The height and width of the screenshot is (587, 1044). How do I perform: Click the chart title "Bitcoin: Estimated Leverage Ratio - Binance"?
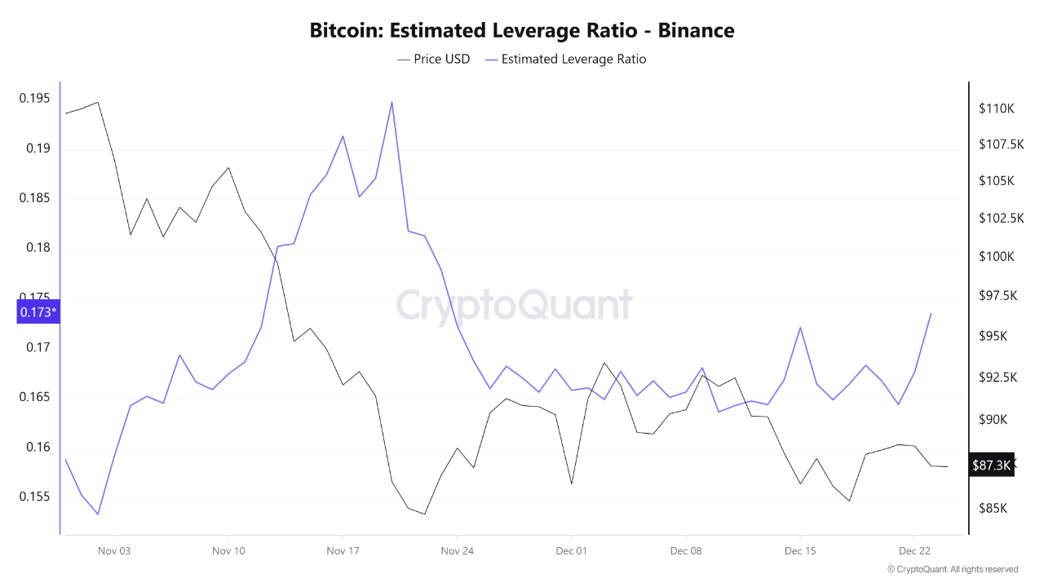click(x=522, y=31)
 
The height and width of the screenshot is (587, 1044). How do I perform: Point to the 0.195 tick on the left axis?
click(x=33, y=99)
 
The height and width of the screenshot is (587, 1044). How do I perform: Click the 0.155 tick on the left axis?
click(x=33, y=497)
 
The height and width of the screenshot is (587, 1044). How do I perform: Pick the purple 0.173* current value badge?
click(x=38, y=311)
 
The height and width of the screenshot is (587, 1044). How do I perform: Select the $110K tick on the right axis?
click(x=996, y=108)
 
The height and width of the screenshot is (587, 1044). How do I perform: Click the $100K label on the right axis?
click(x=996, y=256)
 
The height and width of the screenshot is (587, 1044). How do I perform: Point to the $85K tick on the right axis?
click(x=993, y=508)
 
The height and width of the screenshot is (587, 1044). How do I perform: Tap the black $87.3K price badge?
click(x=991, y=465)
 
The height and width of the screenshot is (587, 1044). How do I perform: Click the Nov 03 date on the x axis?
click(x=114, y=550)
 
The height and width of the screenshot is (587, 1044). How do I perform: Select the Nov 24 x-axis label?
click(x=457, y=550)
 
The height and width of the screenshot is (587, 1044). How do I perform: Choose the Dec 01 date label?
click(x=571, y=550)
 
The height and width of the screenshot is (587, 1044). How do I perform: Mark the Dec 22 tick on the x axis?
click(x=914, y=550)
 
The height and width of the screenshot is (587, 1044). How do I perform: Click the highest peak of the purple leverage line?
click(x=392, y=102)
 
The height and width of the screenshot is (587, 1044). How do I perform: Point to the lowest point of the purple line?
click(x=98, y=514)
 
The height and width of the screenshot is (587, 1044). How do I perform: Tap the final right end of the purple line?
click(x=931, y=313)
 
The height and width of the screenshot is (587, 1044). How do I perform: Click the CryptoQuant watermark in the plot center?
click(x=514, y=305)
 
